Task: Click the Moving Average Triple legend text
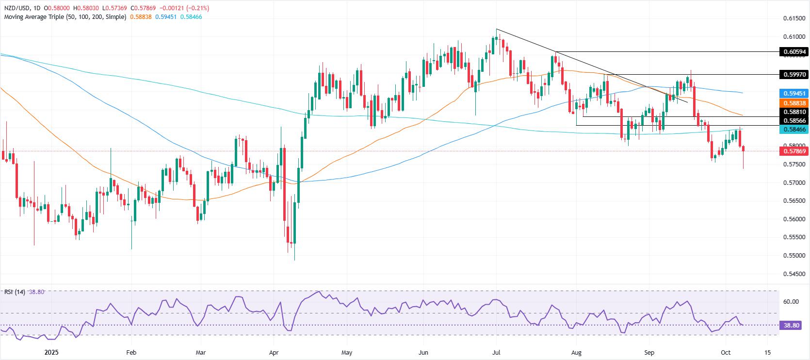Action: pyautogui.click(x=65, y=16)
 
